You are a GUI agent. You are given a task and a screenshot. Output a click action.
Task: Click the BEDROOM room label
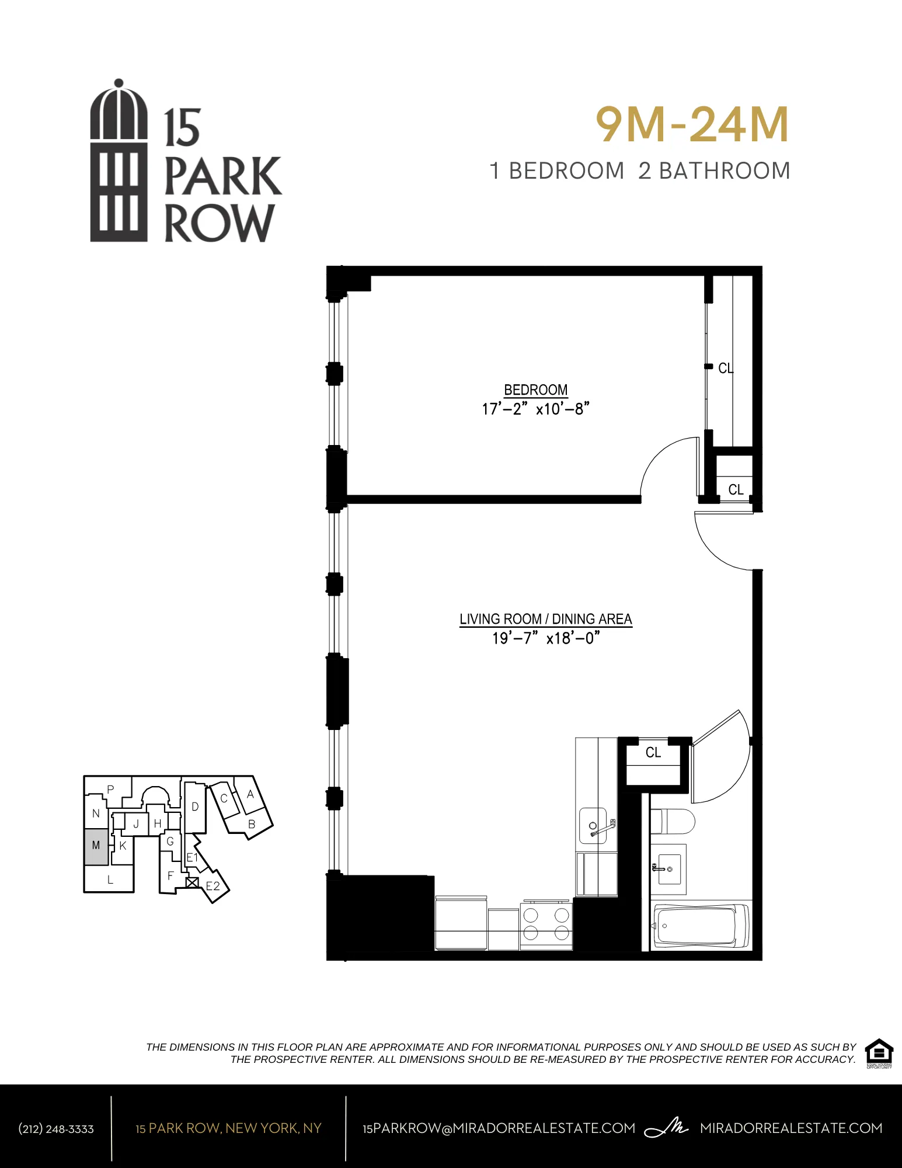[x=535, y=390]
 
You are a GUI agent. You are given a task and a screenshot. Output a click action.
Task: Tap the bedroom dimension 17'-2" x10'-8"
[x=535, y=409]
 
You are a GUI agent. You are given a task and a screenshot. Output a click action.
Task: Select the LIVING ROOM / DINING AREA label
[x=545, y=619]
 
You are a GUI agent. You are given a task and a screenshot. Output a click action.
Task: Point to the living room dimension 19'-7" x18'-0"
[x=545, y=638]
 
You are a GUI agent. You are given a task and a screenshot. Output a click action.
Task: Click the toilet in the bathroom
[x=673, y=822]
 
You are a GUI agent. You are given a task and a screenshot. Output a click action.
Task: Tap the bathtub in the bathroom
[x=701, y=925]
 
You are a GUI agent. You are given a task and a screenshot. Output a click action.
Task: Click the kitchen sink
[x=593, y=825]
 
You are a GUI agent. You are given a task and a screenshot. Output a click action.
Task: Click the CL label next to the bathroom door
[x=653, y=753]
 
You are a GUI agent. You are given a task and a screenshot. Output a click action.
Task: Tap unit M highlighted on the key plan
[x=96, y=846]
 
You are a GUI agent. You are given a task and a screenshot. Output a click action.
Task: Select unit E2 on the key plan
[x=213, y=887]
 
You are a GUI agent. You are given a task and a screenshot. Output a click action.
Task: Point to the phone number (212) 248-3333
[x=56, y=1129]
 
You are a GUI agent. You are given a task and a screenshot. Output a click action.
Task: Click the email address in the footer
[x=499, y=1128]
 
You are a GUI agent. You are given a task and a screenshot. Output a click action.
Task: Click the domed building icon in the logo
[x=119, y=161]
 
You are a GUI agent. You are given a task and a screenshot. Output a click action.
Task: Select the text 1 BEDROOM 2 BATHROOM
[x=640, y=171]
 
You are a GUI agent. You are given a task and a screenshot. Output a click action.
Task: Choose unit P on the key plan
[x=110, y=789]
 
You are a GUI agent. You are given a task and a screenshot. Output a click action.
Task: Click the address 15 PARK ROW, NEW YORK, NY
[x=228, y=1128]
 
